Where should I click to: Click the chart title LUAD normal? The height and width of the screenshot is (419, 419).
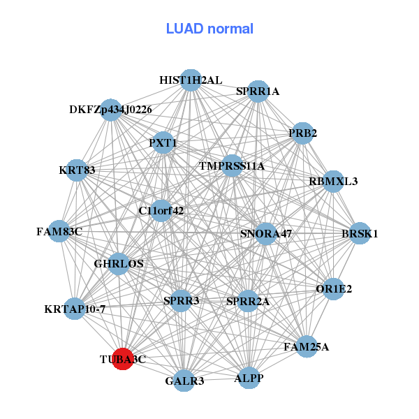[209, 29]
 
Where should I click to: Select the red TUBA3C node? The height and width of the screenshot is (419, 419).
[123, 359]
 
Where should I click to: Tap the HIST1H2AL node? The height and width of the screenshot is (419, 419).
[191, 80]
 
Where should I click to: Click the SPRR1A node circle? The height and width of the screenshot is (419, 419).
[258, 91]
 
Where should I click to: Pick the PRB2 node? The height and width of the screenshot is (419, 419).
[302, 133]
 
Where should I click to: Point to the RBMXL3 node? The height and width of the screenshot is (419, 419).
[333, 182]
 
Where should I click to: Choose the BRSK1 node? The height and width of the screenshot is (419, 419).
[360, 234]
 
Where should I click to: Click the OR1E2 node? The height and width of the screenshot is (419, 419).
[334, 288]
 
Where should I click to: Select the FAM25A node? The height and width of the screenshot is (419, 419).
[307, 346]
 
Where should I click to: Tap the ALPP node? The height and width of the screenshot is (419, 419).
[249, 378]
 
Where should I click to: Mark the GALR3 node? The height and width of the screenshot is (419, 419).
[184, 381]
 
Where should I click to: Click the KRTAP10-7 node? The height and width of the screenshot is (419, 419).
[75, 308]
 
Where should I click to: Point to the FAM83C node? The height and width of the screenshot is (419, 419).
[59, 231]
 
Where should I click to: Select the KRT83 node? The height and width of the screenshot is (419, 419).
[78, 170]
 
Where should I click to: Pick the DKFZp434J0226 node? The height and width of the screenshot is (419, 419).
[111, 110]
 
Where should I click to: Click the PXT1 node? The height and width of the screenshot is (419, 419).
[163, 143]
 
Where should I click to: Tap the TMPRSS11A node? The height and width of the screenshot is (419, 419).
[232, 166]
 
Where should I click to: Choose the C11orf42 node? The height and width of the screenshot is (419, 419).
[161, 210]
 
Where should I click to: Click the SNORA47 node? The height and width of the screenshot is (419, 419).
[265, 233]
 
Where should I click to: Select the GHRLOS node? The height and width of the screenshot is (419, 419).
[119, 263]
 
